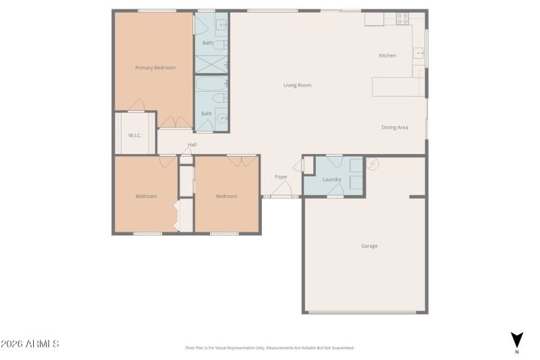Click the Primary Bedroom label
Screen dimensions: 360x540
pyautogui.click(x=155, y=68)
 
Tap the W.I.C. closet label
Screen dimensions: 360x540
pyautogui.click(x=134, y=136)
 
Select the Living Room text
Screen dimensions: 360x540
pyautogui.click(x=297, y=85)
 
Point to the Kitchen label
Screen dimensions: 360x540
pyautogui.click(x=387, y=55)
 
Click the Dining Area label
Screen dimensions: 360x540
pyautogui.click(x=395, y=127)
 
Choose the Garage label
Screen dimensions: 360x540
pyautogui.click(x=369, y=246)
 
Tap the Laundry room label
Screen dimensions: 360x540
pyautogui.click(x=332, y=180)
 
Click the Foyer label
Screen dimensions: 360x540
pyautogui.click(x=281, y=177)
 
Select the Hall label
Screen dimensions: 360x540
pyautogui.click(x=192, y=145)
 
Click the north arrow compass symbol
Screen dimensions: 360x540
pyautogui.click(x=517, y=340)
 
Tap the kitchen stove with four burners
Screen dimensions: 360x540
pyautogui.click(x=403, y=19)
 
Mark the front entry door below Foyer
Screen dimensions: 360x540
pyautogui.click(x=281, y=197)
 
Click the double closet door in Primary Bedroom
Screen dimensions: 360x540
pyautogui.click(x=174, y=122)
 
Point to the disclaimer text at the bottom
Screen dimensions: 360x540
pyautogui.click(x=269, y=348)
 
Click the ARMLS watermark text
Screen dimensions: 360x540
pyautogui.click(x=30, y=344)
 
